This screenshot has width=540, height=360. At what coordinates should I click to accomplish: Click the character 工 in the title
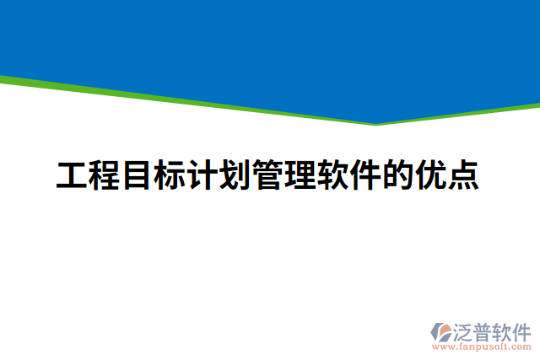pos(72,175)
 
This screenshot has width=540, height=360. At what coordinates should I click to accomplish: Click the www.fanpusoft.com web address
pos(483,347)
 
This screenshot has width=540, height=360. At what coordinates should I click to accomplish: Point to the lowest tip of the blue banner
pos(375,122)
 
